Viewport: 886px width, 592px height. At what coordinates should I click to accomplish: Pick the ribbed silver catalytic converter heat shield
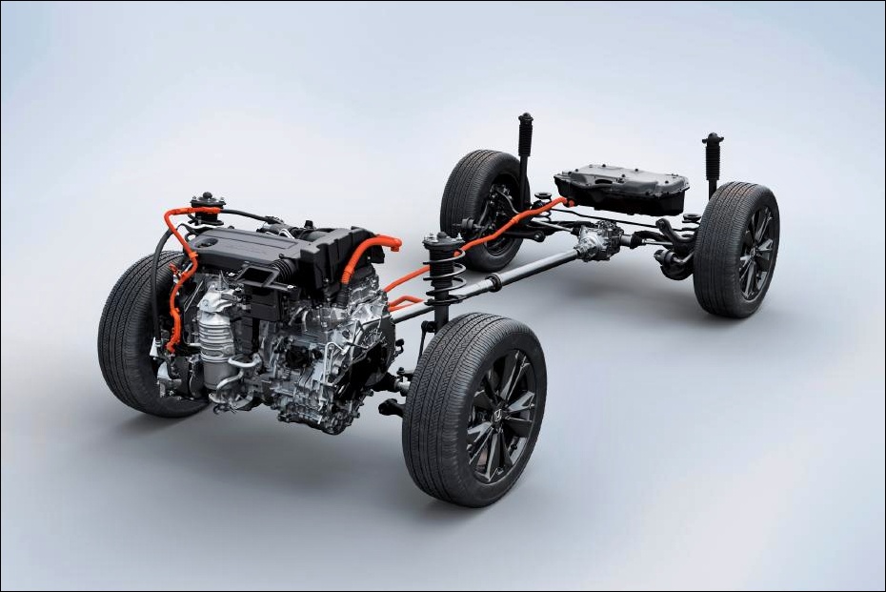216,339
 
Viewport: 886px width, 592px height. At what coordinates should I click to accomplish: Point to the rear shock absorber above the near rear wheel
712,162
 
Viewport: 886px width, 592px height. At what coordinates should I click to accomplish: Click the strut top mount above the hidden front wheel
207,201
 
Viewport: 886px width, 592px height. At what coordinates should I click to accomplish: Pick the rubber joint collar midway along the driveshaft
493,282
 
